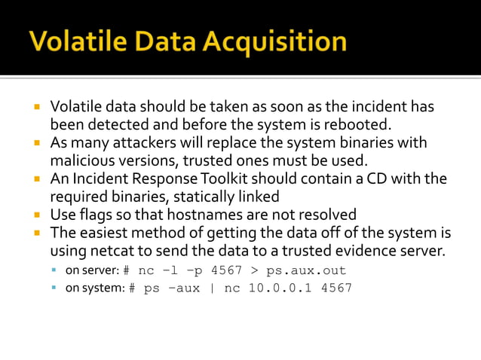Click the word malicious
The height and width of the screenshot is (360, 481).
[80, 160]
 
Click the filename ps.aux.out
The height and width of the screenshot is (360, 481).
[305, 270]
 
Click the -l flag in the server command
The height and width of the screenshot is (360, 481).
[170, 270]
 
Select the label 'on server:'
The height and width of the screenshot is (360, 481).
[91, 270]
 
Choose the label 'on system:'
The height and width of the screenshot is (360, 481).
[93, 288]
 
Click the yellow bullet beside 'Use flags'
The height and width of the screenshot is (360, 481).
[36, 215]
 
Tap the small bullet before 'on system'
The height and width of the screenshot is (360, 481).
[54, 288]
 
